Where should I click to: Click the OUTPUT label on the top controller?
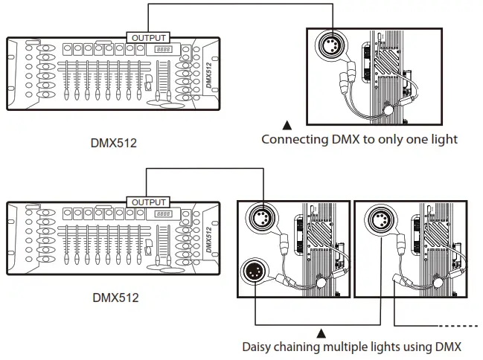coord(148,37)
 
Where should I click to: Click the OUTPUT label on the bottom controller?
coord(148,202)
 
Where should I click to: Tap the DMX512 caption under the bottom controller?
coord(115,299)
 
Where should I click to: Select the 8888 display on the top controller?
coord(164,49)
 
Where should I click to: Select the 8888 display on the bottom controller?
coord(164,214)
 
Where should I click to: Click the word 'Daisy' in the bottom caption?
coord(258,346)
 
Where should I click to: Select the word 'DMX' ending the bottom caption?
coord(448,346)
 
